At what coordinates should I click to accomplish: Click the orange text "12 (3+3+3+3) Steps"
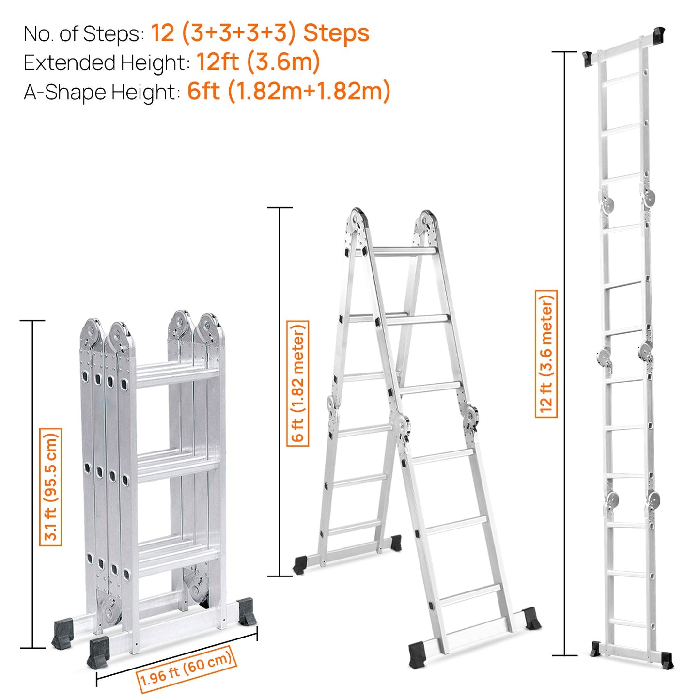(260, 33)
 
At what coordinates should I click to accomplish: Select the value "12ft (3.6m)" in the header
(258, 62)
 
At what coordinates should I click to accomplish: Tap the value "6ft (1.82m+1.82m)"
(289, 91)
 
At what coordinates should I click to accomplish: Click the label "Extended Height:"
(107, 63)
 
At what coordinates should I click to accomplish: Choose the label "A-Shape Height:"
(102, 92)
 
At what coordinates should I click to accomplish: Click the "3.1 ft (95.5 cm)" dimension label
(51, 487)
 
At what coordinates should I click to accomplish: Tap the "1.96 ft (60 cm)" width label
(186, 669)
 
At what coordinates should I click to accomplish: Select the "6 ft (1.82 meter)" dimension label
(298, 383)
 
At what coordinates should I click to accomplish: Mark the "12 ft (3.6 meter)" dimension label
(546, 354)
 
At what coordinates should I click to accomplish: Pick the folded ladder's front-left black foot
(98, 652)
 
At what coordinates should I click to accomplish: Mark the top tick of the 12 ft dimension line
(565, 52)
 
